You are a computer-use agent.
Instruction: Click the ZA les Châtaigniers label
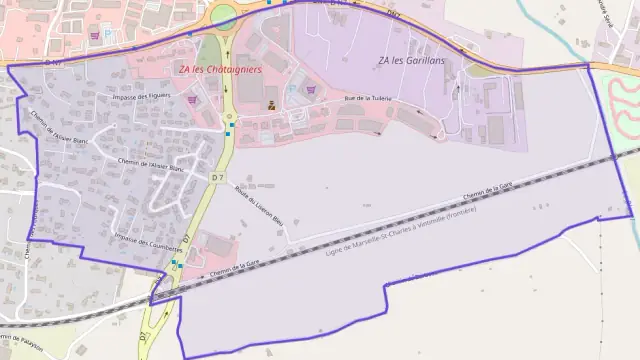pos(220,70)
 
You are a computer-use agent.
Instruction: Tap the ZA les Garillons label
pos(412,61)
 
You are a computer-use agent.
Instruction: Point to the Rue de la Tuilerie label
pos(367,98)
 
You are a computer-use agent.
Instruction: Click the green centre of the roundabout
pos(222,15)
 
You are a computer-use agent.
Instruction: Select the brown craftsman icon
pos(270,103)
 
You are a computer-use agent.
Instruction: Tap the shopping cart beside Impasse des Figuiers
pos(192,99)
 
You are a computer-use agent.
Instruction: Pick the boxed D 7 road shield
pos(218,177)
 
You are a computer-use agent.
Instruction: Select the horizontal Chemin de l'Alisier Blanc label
pos(152,165)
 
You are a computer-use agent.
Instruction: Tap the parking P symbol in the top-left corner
pos(108,34)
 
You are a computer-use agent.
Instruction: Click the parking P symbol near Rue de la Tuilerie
pos(293,89)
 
